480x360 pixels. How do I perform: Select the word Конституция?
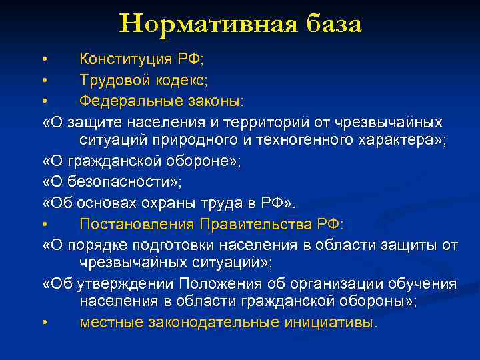(x=126, y=59)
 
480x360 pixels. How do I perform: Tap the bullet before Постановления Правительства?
(x=44, y=225)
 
